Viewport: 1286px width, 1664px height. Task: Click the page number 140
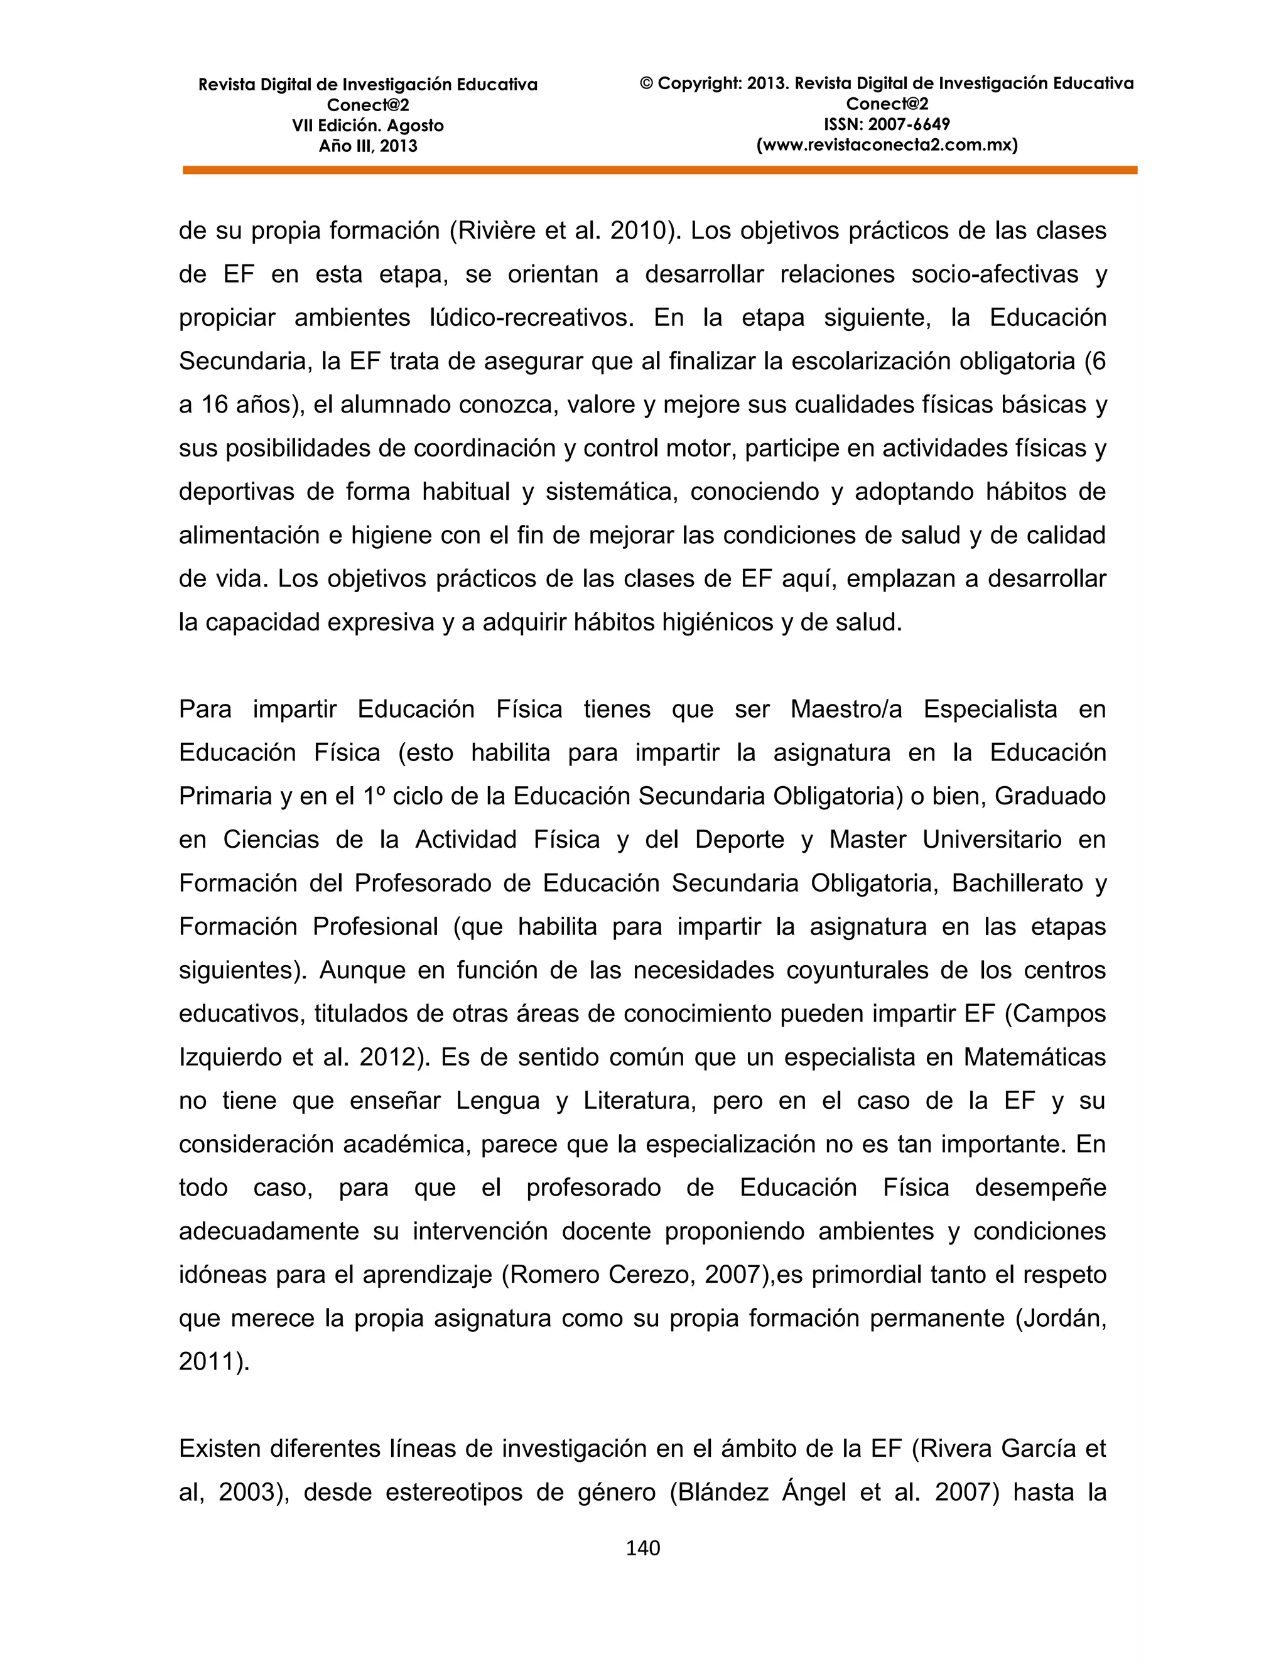642,1547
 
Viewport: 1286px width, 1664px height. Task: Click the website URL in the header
887,145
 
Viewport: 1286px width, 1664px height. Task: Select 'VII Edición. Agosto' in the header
367,126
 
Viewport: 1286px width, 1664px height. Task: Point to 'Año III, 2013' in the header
367,146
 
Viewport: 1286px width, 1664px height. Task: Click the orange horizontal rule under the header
660,171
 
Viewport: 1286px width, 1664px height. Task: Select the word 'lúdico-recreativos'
532,318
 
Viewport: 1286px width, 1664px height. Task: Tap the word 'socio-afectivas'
994,274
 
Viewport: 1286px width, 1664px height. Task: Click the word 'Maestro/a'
846,710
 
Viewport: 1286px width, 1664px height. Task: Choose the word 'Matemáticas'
1035,1057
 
